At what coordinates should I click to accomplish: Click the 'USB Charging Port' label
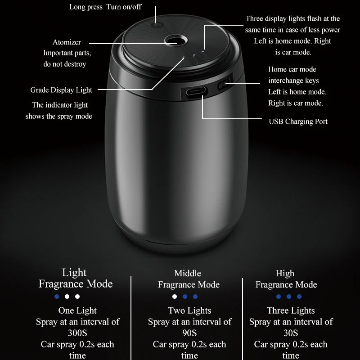(298, 121)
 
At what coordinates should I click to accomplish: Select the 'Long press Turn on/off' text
(105, 7)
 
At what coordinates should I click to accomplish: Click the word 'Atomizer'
(67, 42)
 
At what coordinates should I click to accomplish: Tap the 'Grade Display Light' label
(61, 90)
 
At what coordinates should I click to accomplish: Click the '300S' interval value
(77, 333)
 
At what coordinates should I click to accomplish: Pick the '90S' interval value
(189, 333)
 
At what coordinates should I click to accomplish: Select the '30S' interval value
(291, 333)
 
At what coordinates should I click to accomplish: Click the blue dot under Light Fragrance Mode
(57, 297)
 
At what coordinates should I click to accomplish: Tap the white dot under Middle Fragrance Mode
(175, 297)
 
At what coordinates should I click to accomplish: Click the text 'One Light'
(77, 310)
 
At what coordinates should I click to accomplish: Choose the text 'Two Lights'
(189, 310)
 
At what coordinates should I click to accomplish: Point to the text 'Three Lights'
(291, 310)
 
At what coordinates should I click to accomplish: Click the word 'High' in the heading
(285, 273)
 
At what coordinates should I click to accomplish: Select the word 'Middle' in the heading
(188, 273)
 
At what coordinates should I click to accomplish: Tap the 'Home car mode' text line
(292, 69)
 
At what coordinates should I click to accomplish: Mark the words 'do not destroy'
(65, 64)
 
